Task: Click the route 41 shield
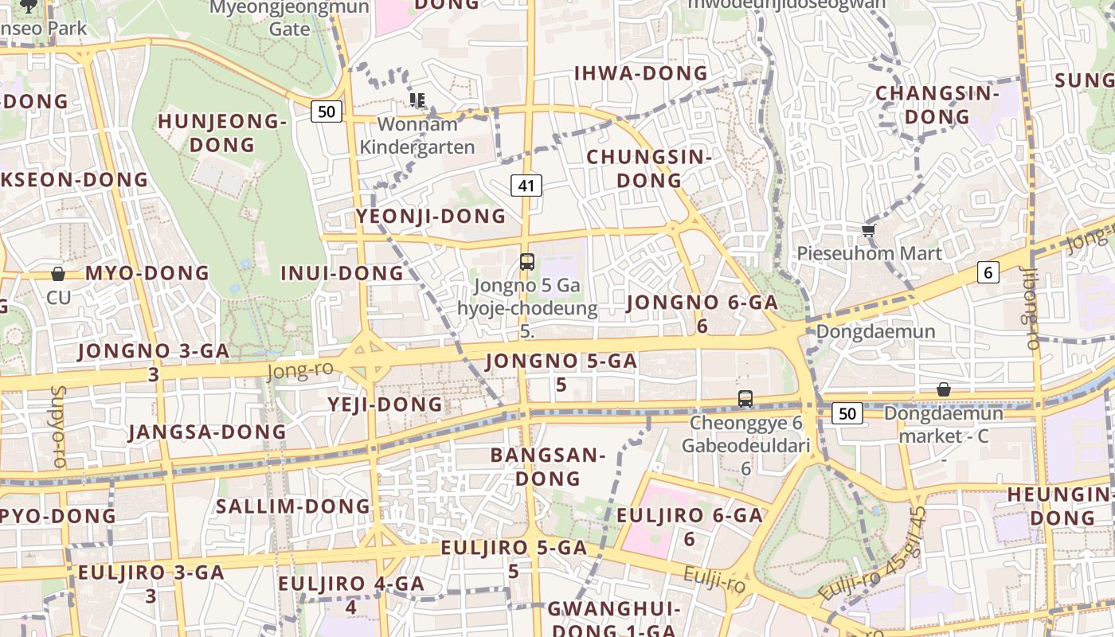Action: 526,186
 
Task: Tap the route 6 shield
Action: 988,272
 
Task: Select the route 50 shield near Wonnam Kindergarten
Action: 327,111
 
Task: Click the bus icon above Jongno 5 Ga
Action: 526,261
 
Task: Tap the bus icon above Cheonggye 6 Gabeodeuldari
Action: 745,399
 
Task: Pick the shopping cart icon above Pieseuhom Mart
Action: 868,230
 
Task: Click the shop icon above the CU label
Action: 58,274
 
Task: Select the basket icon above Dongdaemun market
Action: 944,389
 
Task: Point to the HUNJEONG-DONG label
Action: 221,133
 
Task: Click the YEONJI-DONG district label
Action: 431,216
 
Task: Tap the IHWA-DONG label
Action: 641,73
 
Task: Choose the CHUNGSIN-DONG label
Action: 649,169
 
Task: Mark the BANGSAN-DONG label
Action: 548,467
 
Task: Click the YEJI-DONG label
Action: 385,404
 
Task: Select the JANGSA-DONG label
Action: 207,432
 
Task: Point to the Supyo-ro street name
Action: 57,426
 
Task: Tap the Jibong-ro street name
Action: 1033,310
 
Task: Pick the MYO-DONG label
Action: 147,273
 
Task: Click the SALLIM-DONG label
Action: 293,506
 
